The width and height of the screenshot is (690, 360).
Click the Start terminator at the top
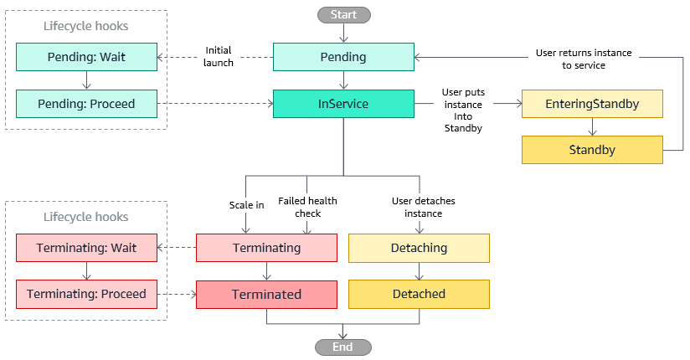[x=343, y=14]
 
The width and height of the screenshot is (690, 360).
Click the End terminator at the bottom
[x=342, y=347]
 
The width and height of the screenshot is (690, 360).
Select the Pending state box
[x=343, y=58]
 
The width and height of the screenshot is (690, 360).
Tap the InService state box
[x=343, y=105]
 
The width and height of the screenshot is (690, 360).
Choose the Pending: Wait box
[x=87, y=58]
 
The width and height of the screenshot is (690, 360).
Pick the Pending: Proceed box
[x=87, y=105]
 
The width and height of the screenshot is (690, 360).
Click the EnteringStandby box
[x=592, y=105]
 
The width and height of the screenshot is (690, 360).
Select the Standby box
[x=592, y=151]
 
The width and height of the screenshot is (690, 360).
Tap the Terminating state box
[x=266, y=248]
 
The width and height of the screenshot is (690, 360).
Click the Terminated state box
[x=266, y=294]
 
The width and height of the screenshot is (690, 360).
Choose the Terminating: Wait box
[x=87, y=248]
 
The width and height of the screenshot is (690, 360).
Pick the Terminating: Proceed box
[x=87, y=294]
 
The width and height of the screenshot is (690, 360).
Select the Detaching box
[x=419, y=248]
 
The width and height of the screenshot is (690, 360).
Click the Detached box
[x=419, y=294]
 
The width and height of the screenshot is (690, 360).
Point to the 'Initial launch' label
[x=219, y=57]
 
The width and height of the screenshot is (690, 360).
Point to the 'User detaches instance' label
[x=418, y=207]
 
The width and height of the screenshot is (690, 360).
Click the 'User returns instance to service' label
[x=583, y=59]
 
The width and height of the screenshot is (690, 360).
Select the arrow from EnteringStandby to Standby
[x=592, y=126]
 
